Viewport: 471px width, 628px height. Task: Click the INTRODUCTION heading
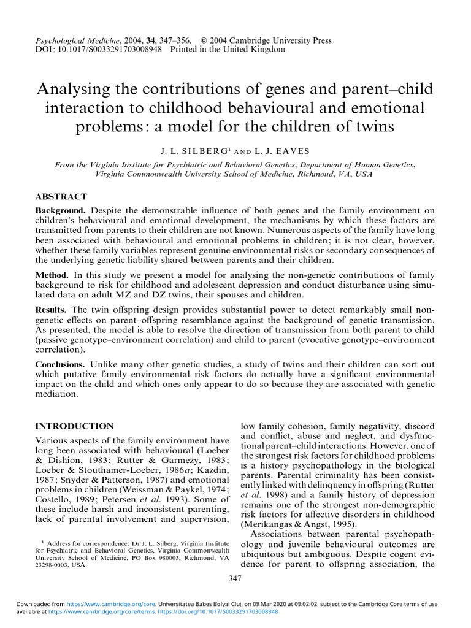[x=75, y=426]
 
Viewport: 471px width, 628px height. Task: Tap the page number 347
[x=235, y=578]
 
